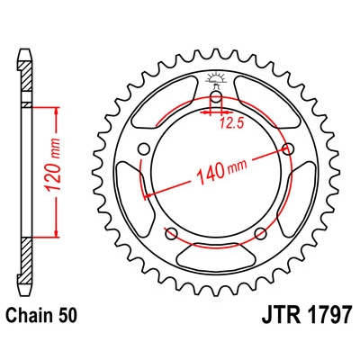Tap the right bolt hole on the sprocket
(288, 148)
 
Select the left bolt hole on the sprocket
(144, 150)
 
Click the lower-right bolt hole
(259, 234)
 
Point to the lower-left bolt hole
(173, 235)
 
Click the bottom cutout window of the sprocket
(216, 260)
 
